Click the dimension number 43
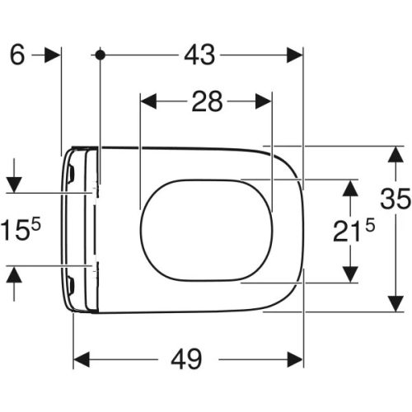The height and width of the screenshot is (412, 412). pyautogui.click(x=199, y=55)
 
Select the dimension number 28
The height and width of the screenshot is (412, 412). pyautogui.click(x=207, y=101)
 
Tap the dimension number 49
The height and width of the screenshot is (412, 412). pyautogui.click(x=188, y=359)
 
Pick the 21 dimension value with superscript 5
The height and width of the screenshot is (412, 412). pyautogui.click(x=353, y=232)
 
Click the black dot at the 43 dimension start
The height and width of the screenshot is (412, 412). pyautogui.click(x=100, y=55)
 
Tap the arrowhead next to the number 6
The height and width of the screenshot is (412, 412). pyautogui.click(x=53, y=55)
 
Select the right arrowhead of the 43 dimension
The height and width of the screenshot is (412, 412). pyautogui.click(x=295, y=55)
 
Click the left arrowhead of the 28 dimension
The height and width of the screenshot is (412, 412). pyautogui.click(x=149, y=101)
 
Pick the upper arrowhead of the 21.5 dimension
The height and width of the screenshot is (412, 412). pyautogui.click(x=350, y=189)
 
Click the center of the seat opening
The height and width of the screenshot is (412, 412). pyautogui.click(x=206, y=230)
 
